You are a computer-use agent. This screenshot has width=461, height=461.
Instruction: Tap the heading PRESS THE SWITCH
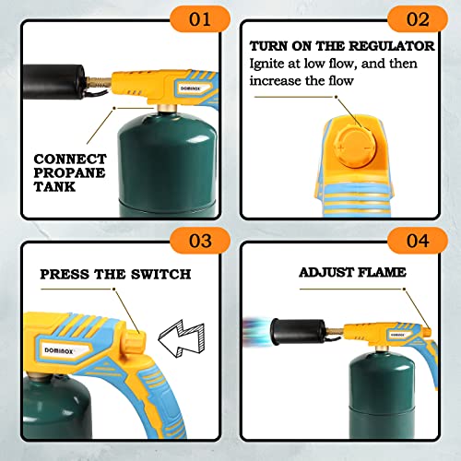point(116,274)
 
